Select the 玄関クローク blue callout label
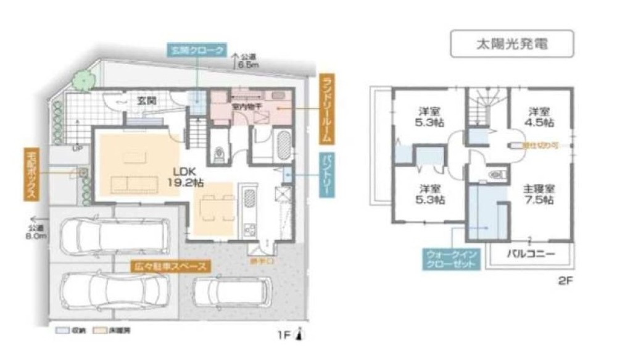click(196, 51)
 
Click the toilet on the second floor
click(497, 175)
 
